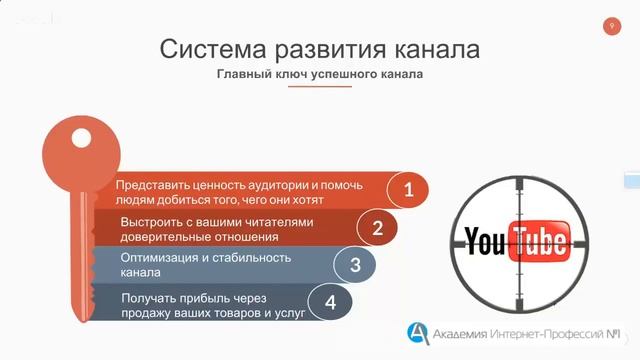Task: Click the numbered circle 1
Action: pos(407,188)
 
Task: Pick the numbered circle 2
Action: pos(377,227)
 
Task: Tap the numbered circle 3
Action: pos(354,265)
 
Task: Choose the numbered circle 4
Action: pos(330,301)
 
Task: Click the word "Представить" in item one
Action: pos(153,186)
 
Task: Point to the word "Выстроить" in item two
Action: pos(152,221)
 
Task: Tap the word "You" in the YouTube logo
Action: pos(485,241)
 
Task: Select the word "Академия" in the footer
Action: pos(466,332)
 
